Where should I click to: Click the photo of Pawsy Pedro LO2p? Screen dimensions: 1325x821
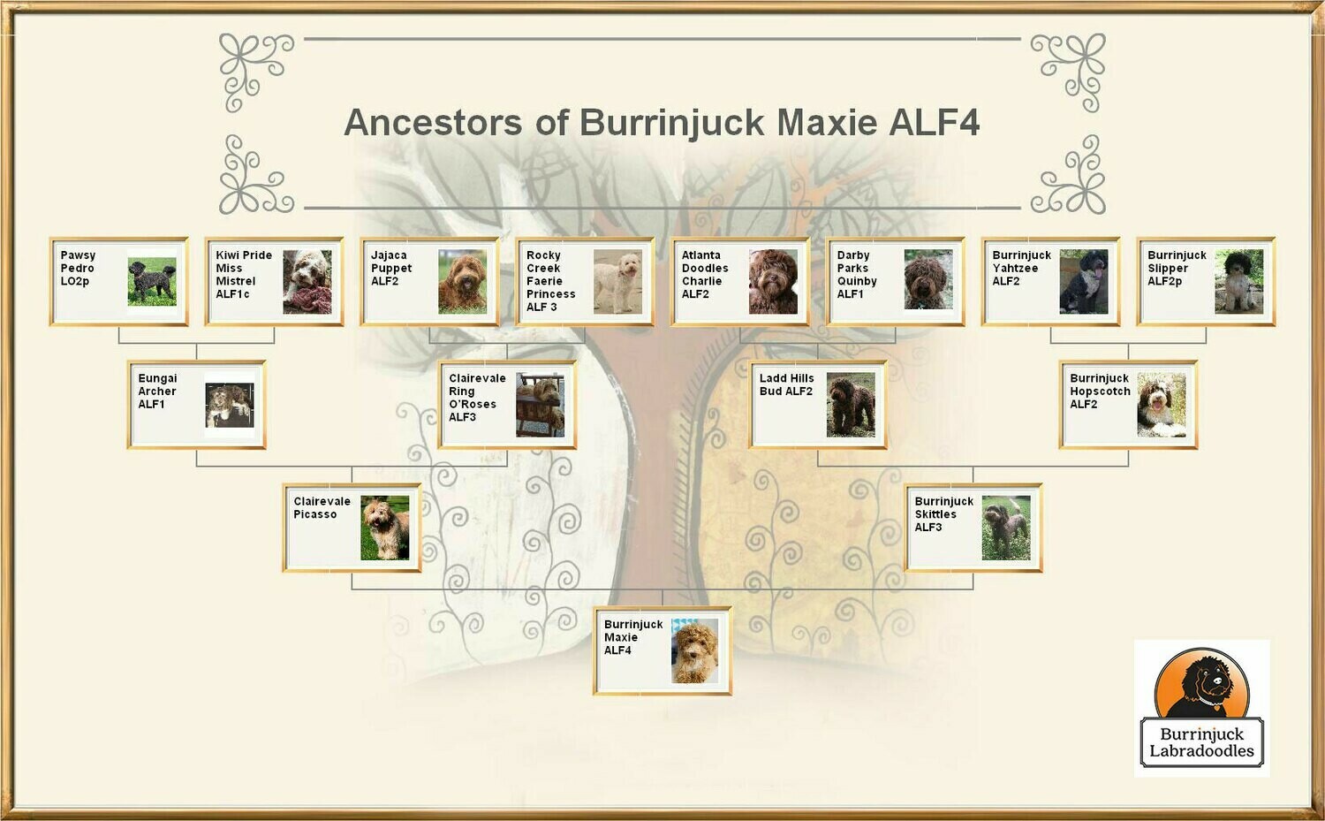point(151,282)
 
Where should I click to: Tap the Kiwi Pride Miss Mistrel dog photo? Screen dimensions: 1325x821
point(307,282)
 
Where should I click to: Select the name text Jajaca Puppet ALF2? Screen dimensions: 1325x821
point(391,268)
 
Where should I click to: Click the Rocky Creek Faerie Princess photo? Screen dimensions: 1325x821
point(617,282)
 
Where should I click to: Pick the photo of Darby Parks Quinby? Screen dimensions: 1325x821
point(927,280)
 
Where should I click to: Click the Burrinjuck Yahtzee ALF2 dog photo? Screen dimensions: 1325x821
point(1083,282)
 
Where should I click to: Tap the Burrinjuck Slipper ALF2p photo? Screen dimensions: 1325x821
point(1238,282)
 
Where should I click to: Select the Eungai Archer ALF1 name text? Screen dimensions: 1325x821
point(157,391)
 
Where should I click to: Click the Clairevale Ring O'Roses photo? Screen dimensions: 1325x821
point(540,405)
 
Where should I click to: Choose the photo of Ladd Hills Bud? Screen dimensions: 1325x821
point(851,405)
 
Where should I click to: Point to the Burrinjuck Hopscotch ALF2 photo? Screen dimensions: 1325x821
point(1161,405)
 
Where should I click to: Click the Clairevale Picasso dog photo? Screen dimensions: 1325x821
point(384,528)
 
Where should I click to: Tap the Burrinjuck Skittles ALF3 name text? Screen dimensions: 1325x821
point(943,513)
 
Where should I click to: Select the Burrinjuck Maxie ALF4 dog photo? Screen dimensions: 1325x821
point(695,651)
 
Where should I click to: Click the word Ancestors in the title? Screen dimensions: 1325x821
point(433,123)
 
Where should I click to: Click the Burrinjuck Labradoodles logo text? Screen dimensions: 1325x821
point(1201,742)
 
